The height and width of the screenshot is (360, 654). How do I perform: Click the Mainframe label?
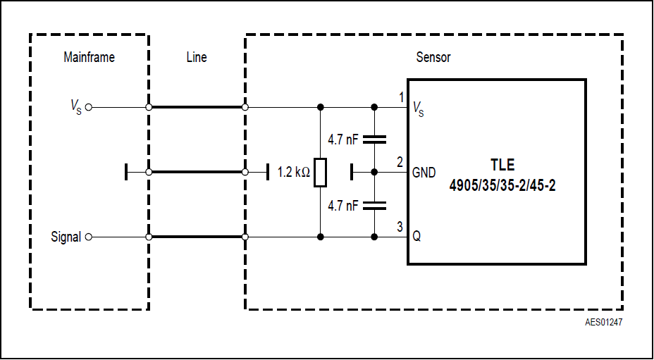(x=89, y=58)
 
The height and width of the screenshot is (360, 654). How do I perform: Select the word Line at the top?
(x=197, y=58)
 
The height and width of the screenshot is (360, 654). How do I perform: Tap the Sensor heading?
(x=433, y=58)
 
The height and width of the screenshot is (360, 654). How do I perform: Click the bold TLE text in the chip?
(x=502, y=166)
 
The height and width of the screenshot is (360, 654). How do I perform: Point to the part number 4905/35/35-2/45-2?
(x=502, y=187)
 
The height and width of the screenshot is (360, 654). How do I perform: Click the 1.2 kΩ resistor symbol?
(x=321, y=173)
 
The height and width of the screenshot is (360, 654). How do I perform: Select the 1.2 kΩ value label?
(x=294, y=172)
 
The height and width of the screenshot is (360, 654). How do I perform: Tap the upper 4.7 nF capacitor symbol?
(x=374, y=139)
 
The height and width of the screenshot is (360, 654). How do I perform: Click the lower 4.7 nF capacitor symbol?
(x=374, y=205)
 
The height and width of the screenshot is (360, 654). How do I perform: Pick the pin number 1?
(x=400, y=97)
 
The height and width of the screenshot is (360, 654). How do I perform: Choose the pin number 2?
(x=400, y=161)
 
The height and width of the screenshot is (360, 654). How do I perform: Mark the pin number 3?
(x=400, y=226)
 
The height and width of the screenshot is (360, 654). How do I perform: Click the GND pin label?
(x=424, y=173)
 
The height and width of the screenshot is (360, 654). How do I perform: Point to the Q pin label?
(x=417, y=237)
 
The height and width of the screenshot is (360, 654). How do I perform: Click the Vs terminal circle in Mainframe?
(x=89, y=108)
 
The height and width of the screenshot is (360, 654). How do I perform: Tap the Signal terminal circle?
(x=89, y=237)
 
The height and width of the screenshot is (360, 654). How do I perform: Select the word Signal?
(x=66, y=237)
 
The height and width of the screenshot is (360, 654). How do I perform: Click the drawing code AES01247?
(x=603, y=323)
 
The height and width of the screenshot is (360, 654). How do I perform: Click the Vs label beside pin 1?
(x=418, y=108)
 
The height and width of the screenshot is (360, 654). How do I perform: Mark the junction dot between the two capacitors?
(x=374, y=172)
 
